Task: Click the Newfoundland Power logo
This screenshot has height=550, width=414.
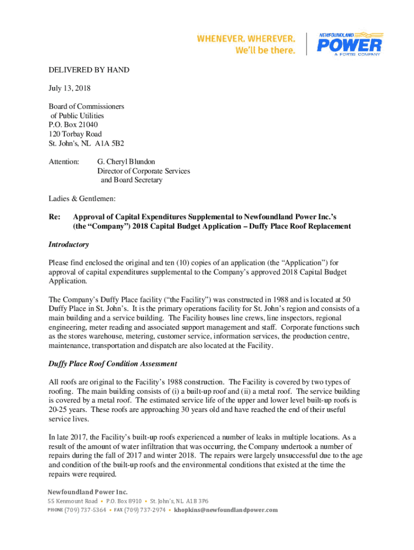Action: point(349,44)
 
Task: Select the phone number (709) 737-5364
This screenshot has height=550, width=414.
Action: point(85,510)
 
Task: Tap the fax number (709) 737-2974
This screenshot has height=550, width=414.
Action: point(145,510)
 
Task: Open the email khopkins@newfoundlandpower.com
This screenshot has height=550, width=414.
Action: point(226,510)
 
